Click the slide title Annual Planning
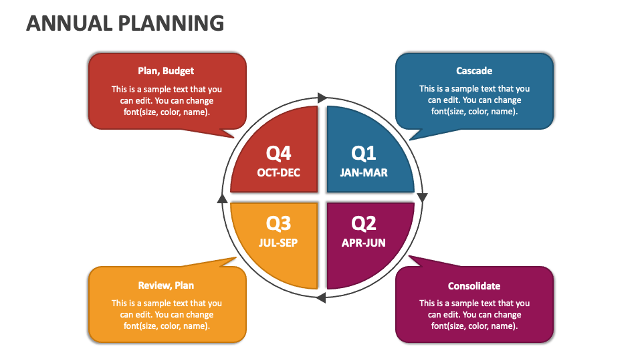click(x=125, y=23)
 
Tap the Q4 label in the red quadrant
click(x=279, y=153)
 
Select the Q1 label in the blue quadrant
click(x=364, y=153)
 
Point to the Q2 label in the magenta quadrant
click(x=364, y=223)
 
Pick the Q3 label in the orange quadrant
click(x=279, y=223)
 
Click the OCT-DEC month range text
click(x=279, y=172)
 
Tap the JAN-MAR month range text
click(x=364, y=172)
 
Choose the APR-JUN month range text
click(x=364, y=243)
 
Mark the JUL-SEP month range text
click(x=278, y=243)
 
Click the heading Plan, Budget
click(x=167, y=71)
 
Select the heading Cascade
click(x=474, y=71)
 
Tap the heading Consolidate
click(x=474, y=285)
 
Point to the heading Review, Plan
click(x=167, y=285)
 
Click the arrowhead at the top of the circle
click(x=322, y=98)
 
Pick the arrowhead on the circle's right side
click(x=422, y=198)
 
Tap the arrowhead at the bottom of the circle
click(x=321, y=297)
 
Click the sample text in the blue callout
click(x=474, y=100)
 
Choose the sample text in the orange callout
click(x=167, y=314)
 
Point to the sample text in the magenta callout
click(x=474, y=314)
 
